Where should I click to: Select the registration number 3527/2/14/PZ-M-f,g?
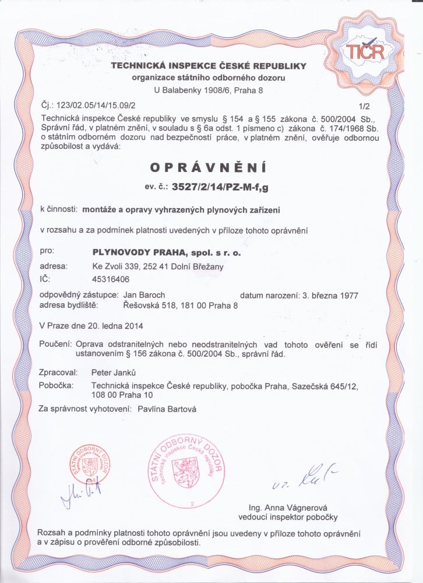(x=228, y=187)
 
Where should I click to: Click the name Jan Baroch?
(x=143, y=296)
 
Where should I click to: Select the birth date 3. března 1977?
(x=327, y=296)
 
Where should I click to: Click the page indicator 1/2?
(x=365, y=106)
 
